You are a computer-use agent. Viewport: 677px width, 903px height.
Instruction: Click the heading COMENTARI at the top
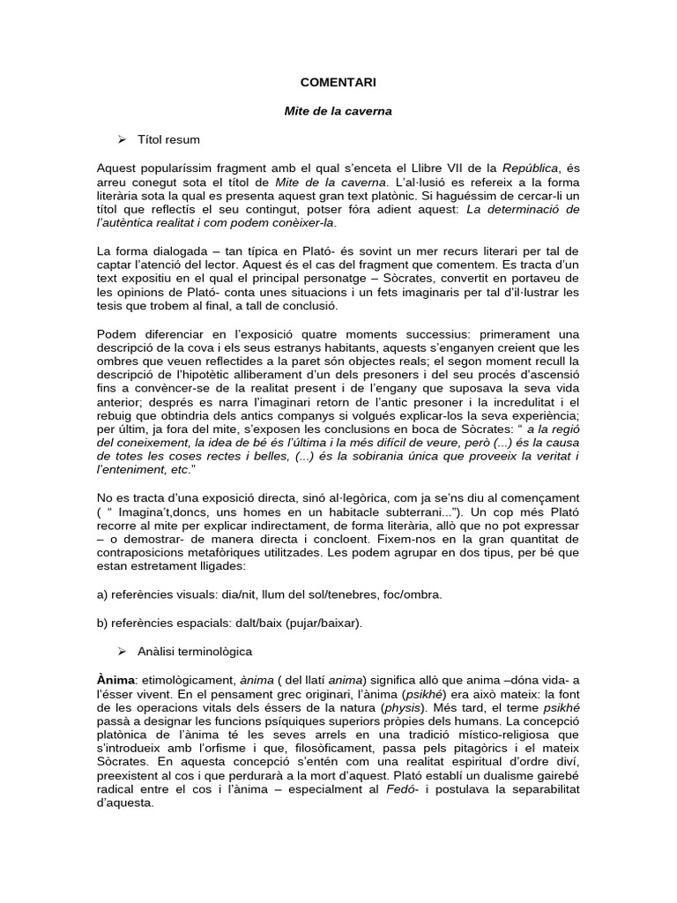[x=338, y=82]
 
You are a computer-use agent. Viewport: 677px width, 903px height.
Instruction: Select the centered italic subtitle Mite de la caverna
[x=338, y=112]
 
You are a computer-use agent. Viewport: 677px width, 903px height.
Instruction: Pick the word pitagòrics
[x=472, y=750]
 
